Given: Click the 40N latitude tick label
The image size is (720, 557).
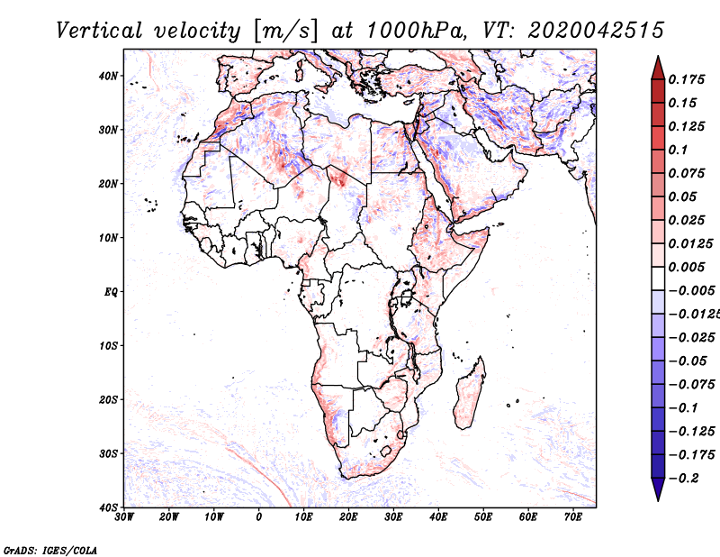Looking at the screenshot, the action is (x=108, y=76).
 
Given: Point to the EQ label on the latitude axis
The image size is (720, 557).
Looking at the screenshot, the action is (x=111, y=292).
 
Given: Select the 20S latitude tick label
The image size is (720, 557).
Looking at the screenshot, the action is (x=108, y=399).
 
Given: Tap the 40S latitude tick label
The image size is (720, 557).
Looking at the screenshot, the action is (x=108, y=507).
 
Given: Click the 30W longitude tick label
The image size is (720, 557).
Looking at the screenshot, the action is (x=124, y=517).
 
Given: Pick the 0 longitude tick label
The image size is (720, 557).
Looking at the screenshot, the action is (x=259, y=517).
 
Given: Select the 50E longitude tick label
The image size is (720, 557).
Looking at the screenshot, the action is (x=483, y=517).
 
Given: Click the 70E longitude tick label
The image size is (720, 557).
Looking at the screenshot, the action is (x=573, y=517).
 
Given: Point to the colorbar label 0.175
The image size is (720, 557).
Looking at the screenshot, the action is (x=686, y=79).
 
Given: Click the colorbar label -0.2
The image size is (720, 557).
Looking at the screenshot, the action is (x=684, y=479).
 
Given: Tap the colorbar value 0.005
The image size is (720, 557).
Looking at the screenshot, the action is (x=686, y=267).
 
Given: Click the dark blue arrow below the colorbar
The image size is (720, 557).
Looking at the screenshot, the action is (x=658, y=489).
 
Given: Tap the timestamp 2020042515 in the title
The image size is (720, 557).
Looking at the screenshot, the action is (x=596, y=31).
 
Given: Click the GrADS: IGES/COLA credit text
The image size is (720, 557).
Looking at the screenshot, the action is (x=50, y=550).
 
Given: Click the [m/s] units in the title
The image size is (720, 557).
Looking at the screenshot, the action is (x=285, y=31).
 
